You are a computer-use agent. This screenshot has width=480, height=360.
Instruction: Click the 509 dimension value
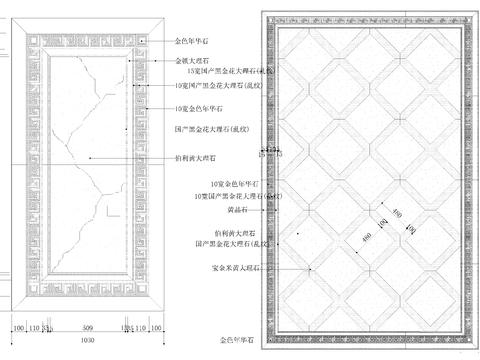pos(88,327)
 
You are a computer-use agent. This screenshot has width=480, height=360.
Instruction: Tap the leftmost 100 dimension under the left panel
pos(18,327)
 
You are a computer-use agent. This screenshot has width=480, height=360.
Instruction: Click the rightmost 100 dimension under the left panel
pos(158,327)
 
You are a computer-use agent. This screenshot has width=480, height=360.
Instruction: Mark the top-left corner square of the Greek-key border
pos(29,36)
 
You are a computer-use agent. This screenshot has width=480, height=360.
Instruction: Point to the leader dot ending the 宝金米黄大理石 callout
pos(312,269)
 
